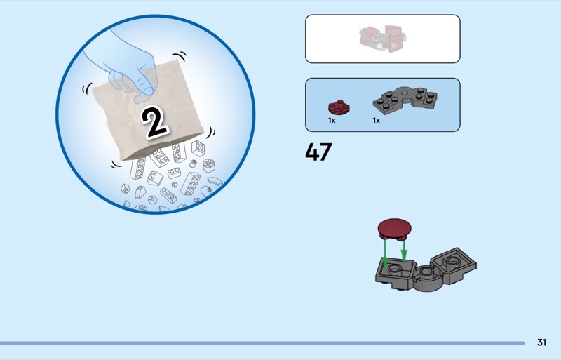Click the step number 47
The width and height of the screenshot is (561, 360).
(x=318, y=152)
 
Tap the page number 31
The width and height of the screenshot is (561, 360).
(x=541, y=342)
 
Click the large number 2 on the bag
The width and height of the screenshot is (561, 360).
(x=154, y=122)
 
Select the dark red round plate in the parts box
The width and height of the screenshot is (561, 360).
(x=339, y=107)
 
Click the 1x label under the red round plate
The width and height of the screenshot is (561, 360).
(x=332, y=121)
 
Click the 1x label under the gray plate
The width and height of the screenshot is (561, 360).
(x=376, y=121)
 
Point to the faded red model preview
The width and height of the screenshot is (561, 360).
(x=382, y=39)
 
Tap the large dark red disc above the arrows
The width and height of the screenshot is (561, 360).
(x=394, y=229)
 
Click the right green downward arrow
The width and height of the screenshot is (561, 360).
(x=404, y=251)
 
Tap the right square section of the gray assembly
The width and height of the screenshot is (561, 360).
(x=454, y=265)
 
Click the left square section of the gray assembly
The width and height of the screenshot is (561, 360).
(x=396, y=273)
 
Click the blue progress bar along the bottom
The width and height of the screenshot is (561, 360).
(x=262, y=343)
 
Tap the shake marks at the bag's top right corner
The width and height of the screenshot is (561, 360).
(x=180, y=57)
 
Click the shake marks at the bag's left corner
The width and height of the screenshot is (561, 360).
(x=87, y=88)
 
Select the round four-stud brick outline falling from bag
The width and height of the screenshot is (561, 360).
(x=208, y=165)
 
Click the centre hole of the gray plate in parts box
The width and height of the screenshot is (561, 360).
(x=405, y=93)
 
